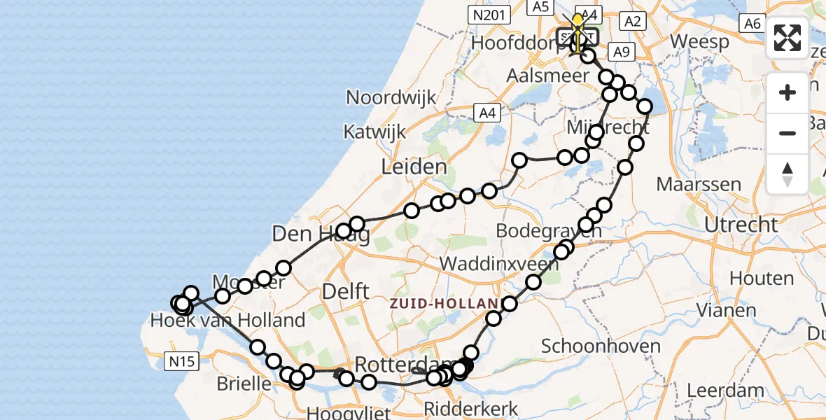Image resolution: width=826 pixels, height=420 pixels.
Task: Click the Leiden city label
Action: pos(414,167)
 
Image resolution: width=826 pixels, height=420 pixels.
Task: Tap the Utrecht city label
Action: pos(741,225)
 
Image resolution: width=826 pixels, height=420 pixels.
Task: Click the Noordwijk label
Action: pos(391,97)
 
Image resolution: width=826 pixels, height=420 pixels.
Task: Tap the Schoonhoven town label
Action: pos(601,346)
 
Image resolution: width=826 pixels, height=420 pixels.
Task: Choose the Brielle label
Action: pos(244,384)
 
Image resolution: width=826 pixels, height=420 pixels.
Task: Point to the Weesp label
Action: pos(700,41)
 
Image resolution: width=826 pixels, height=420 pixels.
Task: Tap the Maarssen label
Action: pos(699,185)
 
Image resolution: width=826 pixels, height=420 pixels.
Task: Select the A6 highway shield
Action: pos(752,23)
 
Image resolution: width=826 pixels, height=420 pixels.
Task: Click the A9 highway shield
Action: pos(622,51)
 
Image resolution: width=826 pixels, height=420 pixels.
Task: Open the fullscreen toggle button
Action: pos(787,38)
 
